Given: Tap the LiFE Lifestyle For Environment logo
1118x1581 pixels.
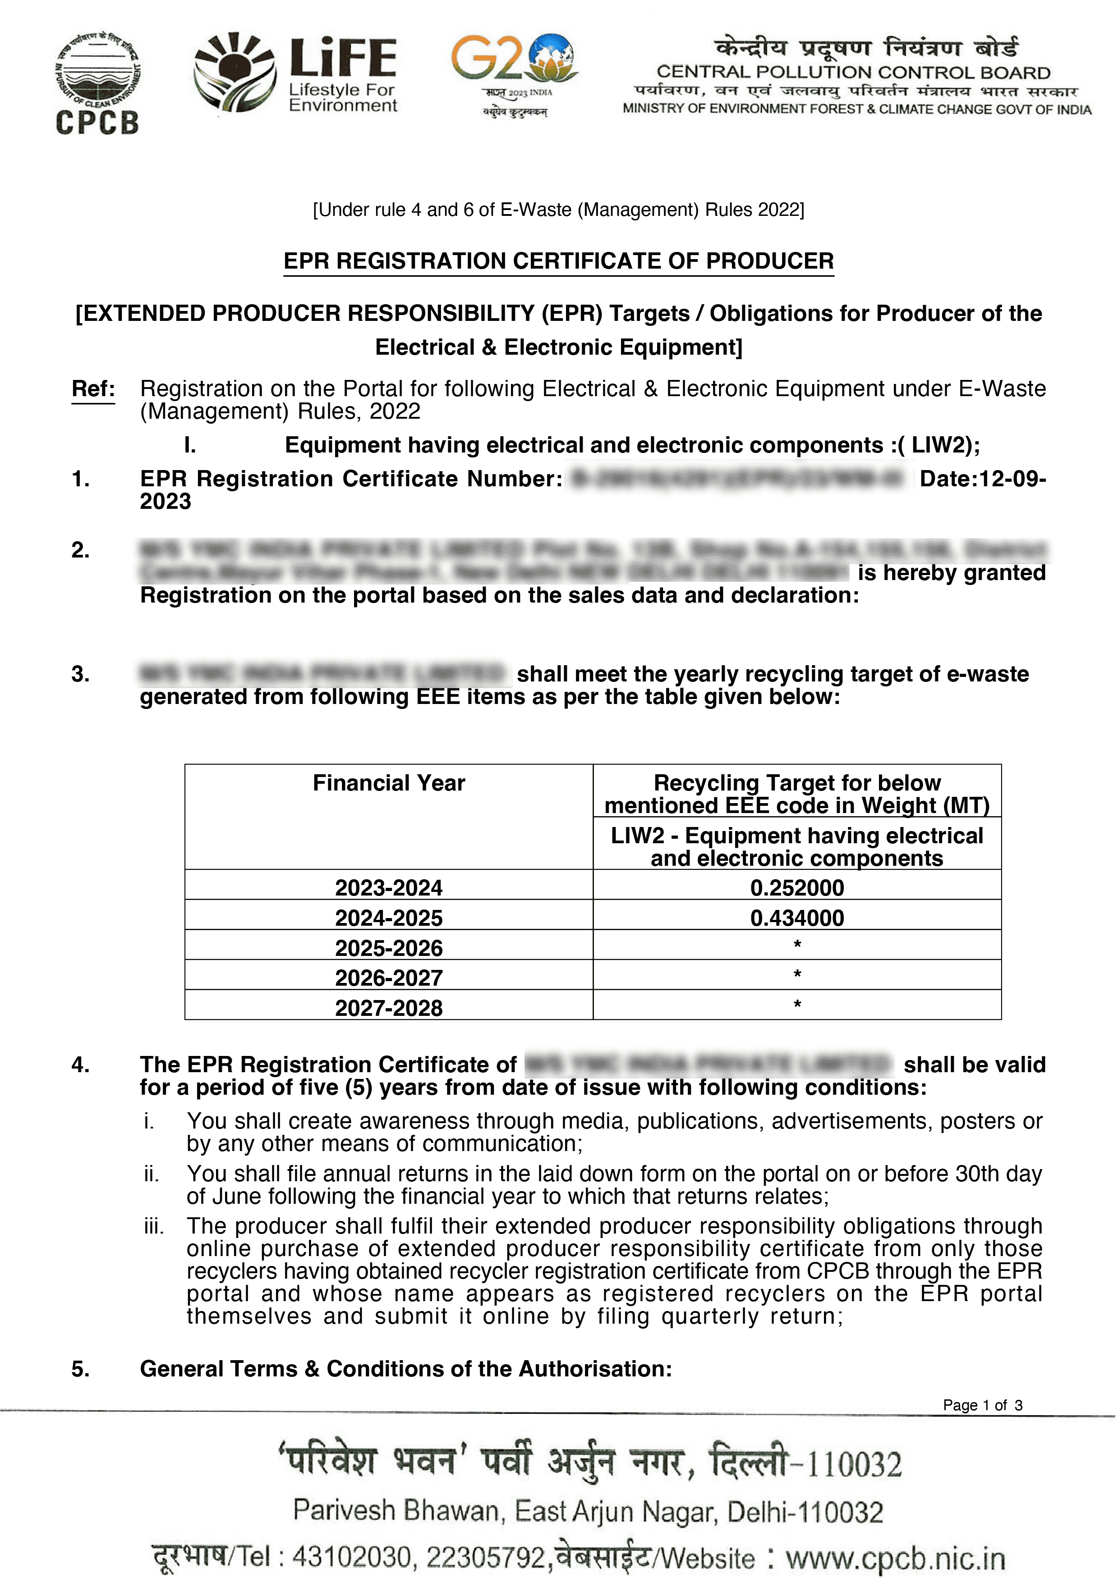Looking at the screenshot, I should coord(296,73).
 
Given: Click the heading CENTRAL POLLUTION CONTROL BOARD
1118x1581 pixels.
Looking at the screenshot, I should coord(853,72).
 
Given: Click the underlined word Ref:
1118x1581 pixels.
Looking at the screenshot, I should coord(93,389).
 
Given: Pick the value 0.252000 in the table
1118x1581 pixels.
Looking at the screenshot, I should coord(796,887).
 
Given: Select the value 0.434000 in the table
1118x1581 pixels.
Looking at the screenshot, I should coord(796,918).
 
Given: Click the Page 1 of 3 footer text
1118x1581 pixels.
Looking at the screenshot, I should coord(982,1405).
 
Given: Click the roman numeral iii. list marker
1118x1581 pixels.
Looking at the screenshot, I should coord(154,1226).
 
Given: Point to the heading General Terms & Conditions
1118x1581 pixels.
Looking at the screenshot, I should coord(405,1368).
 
